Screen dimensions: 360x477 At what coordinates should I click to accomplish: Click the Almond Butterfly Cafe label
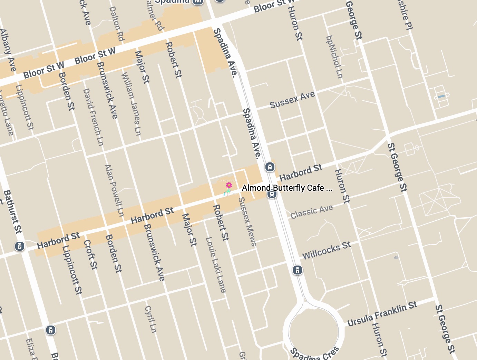point(287,188)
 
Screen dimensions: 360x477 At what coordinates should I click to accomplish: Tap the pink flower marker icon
point(229,186)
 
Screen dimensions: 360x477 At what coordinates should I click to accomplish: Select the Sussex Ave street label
point(292,100)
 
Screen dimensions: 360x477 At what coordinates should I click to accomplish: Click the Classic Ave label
point(312,212)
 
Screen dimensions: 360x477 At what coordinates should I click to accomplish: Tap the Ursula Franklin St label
point(382,314)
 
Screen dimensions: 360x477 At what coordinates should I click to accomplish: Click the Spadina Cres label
point(314,354)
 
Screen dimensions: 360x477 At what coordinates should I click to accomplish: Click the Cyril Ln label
point(151,319)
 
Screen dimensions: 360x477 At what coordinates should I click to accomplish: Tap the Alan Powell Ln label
point(114,190)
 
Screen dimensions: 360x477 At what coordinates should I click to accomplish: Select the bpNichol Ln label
point(334,57)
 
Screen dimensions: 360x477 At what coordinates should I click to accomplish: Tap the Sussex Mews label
point(247,221)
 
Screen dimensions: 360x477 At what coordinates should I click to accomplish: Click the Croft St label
point(91,254)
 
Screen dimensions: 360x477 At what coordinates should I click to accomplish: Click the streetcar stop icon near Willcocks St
point(298,270)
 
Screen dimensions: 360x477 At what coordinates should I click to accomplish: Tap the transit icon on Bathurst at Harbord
point(20,246)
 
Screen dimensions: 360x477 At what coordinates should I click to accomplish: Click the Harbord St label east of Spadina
point(301,173)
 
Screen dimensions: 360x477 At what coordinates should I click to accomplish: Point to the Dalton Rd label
point(117,24)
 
